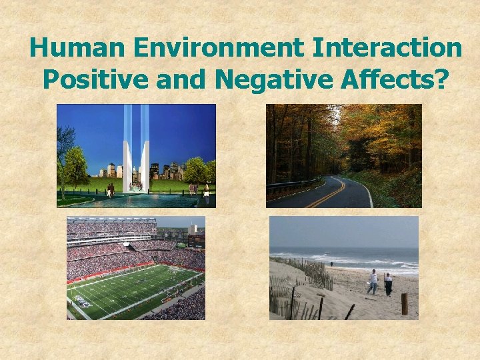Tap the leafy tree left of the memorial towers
coord(76,167)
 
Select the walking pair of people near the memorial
coord(110,191)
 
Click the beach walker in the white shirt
coord(373,282)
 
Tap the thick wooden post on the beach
coord(404,304)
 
